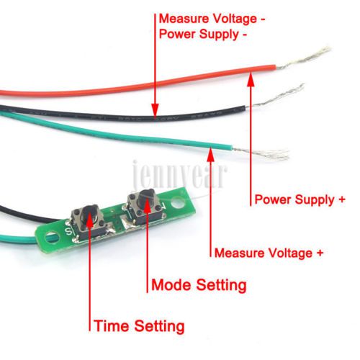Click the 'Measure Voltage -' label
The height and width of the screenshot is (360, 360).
(212, 19)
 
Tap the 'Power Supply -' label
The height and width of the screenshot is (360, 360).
(203, 34)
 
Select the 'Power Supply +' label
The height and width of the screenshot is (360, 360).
(300, 199)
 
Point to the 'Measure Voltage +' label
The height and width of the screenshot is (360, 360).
(269, 253)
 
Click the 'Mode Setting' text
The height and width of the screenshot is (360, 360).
(199, 285)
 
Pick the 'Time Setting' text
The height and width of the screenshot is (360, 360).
(139, 326)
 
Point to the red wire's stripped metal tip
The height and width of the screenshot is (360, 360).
(303, 58)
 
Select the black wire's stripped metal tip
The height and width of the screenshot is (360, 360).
(274, 97)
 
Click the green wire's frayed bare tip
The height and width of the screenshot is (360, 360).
(261, 153)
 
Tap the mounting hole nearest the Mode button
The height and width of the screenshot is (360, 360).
(179, 202)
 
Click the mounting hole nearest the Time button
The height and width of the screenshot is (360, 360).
(52, 236)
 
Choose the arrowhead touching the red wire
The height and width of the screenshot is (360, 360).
(251, 80)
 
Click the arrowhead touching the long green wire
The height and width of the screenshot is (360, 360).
(211, 155)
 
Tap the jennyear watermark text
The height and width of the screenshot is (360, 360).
(179, 174)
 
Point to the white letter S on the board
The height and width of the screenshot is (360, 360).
(68, 233)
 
